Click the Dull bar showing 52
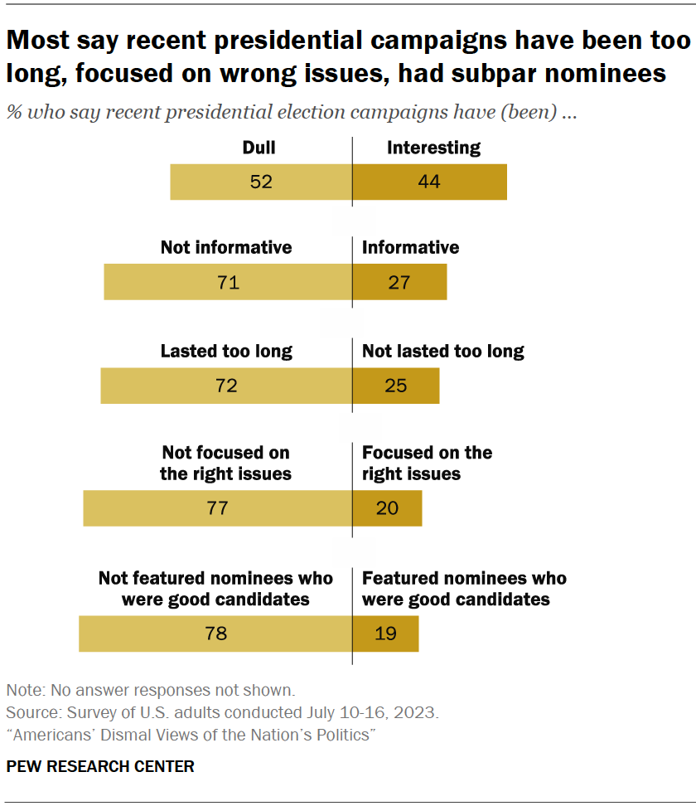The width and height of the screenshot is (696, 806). pyautogui.click(x=261, y=182)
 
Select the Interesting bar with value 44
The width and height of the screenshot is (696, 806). pyautogui.click(x=429, y=182)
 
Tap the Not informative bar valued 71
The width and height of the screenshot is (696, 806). pyautogui.click(x=228, y=282)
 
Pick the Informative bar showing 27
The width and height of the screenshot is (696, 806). pyautogui.click(x=399, y=282)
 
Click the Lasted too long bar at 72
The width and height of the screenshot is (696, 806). pyautogui.click(x=226, y=386)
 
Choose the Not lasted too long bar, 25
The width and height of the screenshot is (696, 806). pyautogui.click(x=396, y=386)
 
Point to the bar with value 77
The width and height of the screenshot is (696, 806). pyautogui.click(x=218, y=508)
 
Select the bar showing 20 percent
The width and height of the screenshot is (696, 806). pyautogui.click(x=388, y=508)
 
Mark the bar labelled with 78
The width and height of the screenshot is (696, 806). pyautogui.click(x=215, y=634)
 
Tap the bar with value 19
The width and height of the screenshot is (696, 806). pyautogui.click(x=385, y=634)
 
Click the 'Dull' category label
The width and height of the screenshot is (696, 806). pyautogui.click(x=259, y=148)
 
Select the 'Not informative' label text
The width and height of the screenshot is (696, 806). pyautogui.click(x=226, y=247)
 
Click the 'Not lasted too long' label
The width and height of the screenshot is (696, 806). pyautogui.click(x=443, y=351)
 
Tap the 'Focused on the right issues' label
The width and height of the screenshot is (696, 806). pyautogui.click(x=427, y=464)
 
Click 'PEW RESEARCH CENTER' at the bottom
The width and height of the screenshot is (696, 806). pyautogui.click(x=100, y=766)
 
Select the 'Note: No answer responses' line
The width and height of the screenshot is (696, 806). pyautogui.click(x=150, y=690)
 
